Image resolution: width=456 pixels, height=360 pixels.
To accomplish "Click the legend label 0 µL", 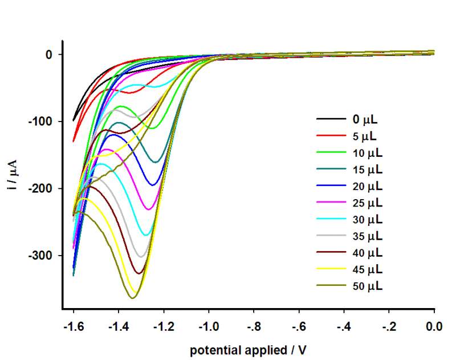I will (365, 120).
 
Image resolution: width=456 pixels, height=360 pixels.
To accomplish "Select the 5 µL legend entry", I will (365, 136).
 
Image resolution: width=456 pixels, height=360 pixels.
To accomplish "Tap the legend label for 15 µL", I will (367, 169).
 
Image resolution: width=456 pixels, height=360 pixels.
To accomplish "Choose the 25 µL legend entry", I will (367, 203).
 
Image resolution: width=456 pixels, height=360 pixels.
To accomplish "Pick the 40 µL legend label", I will (367, 253).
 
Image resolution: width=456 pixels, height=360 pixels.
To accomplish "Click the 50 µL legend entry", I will (367, 286).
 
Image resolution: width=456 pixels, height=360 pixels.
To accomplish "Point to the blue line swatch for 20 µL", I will (331, 186).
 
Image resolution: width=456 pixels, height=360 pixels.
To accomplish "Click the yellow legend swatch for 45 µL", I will (331, 269).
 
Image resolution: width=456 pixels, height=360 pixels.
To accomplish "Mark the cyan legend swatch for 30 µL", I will (331, 220).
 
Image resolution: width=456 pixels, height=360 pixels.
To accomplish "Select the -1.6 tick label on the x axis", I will (74, 327).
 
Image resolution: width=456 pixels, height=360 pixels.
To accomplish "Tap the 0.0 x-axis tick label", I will (434, 327).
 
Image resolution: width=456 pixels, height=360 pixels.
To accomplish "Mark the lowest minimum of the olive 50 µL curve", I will (133, 298).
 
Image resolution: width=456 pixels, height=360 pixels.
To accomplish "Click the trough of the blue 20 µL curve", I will (153, 185).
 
